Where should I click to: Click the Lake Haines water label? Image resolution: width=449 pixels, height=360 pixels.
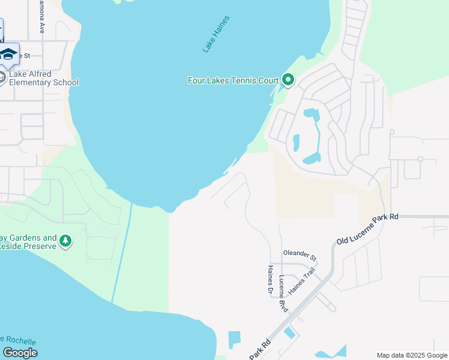coord(216,34)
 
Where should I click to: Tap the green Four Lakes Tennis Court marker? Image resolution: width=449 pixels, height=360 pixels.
coord(288,80)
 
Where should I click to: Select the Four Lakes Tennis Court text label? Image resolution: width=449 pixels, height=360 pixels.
coord(234,80)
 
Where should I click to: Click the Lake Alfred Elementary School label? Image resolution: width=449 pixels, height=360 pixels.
coord(44,78)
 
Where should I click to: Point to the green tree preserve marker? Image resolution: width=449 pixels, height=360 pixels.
coord(65,242)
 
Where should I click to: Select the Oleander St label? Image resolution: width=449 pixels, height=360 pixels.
coord(300,254)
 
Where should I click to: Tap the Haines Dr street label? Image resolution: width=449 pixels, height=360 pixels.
coord(271,280)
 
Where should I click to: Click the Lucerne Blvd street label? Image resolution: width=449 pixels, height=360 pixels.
coord(283,293)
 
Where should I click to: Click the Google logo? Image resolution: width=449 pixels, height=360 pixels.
coord(20,352)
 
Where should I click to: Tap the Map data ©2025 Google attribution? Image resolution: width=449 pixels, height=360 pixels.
coord(412,355)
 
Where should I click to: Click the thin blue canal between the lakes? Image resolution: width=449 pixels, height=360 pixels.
coord(122,252)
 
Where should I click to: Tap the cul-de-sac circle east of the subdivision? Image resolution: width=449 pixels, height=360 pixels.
coord(420,160)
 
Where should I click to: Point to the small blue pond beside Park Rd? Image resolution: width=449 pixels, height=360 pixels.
coord(290,332)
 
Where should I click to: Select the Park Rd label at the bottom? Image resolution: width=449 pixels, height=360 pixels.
coord(260,350)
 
